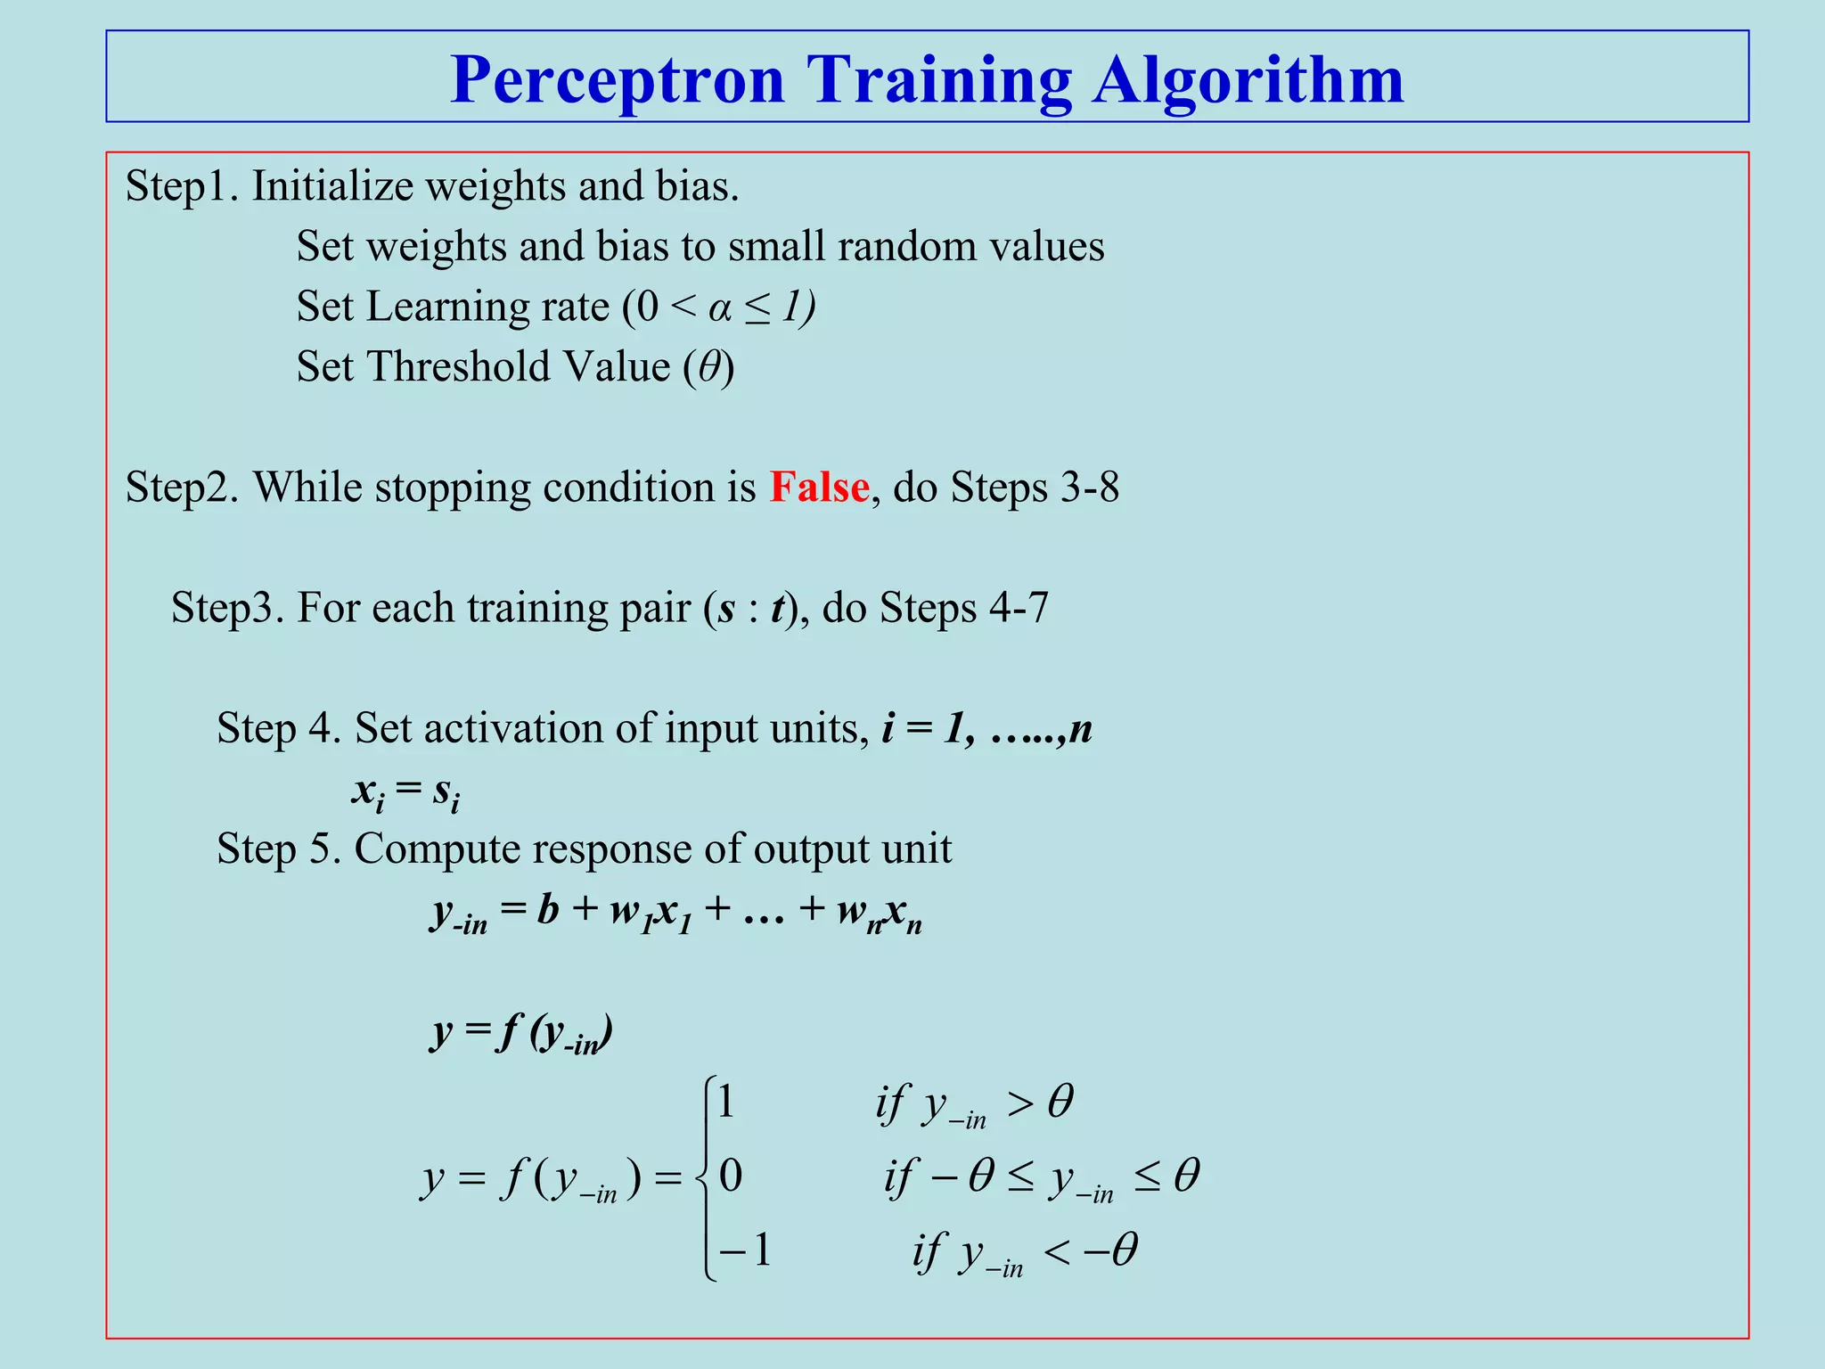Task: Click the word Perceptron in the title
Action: (618, 80)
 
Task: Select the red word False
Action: (819, 488)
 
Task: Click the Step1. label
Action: (182, 187)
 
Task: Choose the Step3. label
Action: (227, 609)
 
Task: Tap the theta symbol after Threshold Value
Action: (709, 367)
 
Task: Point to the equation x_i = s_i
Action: (405, 791)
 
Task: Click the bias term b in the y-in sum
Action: (547, 910)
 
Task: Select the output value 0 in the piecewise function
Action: (730, 1176)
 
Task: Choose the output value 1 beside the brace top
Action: (725, 1103)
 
